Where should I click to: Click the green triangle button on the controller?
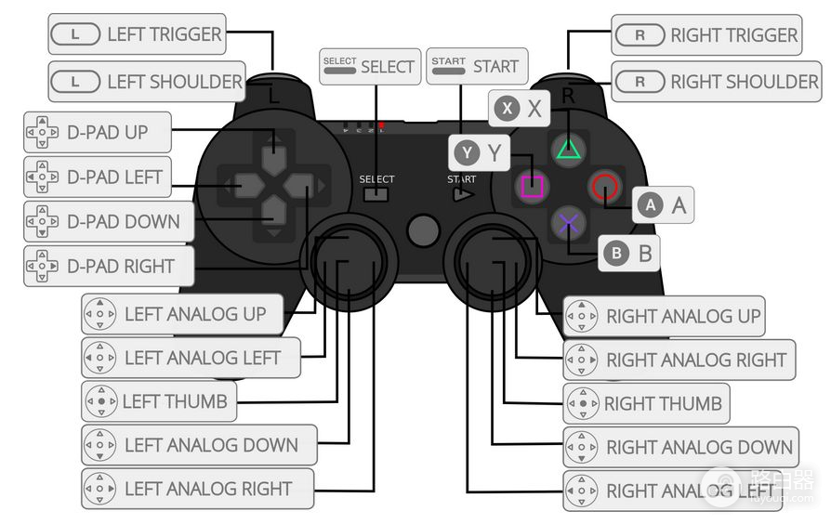pos(568,148)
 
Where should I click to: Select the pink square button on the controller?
pos(531,187)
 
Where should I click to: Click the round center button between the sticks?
pos(423,229)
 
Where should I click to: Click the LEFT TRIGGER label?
pos(138,35)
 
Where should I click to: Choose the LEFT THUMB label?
pos(158,401)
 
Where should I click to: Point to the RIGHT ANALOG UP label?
pos(665,316)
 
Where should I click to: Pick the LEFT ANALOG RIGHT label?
pos(198,489)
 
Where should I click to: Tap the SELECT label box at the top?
pos(369,67)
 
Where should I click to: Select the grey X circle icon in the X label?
pos(507,109)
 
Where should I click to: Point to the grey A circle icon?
pos(650,204)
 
